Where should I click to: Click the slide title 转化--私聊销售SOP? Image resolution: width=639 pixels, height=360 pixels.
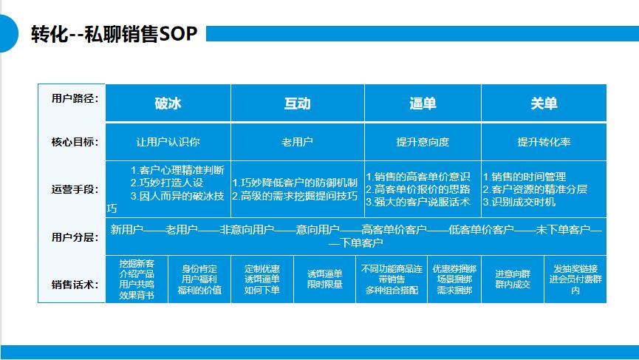pyautogui.click(x=114, y=34)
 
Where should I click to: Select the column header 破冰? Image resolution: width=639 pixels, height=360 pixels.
pyautogui.click(x=168, y=103)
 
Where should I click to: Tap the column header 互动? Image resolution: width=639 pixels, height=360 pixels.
pyautogui.click(x=297, y=103)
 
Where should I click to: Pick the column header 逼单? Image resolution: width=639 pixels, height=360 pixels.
pyautogui.click(x=423, y=103)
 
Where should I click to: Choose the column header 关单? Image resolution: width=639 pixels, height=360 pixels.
pyautogui.click(x=544, y=103)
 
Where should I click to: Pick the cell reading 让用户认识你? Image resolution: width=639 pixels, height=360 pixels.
pyautogui.click(x=168, y=142)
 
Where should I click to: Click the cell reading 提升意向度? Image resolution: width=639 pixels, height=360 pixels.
pyautogui.click(x=423, y=142)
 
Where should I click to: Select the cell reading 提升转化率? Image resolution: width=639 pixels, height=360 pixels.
pyautogui.click(x=544, y=142)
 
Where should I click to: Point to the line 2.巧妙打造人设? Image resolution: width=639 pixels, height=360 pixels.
pyautogui.click(x=166, y=183)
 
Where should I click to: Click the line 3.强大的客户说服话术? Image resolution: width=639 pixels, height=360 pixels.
pyautogui.click(x=417, y=202)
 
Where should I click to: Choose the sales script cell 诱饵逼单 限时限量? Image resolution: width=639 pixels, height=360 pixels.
pyautogui.click(x=324, y=279)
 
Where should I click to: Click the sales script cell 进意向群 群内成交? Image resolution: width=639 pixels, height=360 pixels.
pyautogui.click(x=512, y=279)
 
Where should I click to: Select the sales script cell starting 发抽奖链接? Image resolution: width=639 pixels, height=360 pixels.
pyautogui.click(x=575, y=279)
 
